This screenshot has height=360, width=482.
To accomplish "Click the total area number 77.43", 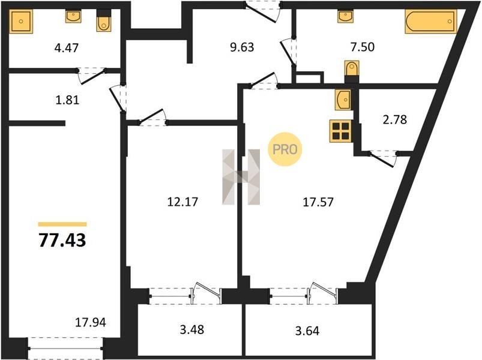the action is pos(62,240).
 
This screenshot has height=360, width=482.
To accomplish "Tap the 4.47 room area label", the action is pos(67,48).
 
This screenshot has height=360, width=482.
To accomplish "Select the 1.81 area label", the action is pos(67,100).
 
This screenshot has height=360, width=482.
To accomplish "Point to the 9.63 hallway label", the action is pos(243,47).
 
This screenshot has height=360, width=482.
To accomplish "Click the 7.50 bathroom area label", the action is pos(363,47).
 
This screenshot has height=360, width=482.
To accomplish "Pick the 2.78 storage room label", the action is pos(395,119).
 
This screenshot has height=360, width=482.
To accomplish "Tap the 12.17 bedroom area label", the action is pos(182,202).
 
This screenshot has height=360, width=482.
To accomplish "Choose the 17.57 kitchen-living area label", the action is pos(318,202).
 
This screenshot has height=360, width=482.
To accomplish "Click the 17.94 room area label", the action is pos(91,322).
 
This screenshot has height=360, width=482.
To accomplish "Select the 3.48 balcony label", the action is pos(192,329).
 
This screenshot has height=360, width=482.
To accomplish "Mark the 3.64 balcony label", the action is pos(307,331).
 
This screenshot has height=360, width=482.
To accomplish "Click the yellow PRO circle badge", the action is pos(285,149).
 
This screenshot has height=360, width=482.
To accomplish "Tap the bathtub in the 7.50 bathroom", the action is pos(431,21).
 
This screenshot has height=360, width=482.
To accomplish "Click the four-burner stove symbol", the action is pos(340,131).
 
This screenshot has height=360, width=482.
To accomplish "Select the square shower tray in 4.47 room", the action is pos(21,21).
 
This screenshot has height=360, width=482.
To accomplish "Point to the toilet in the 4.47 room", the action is pos(104,21).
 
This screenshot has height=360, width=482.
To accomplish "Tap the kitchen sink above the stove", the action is pos(343,100).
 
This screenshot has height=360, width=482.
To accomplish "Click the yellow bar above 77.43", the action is pos(62,224).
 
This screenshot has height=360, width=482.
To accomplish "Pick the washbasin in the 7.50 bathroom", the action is pos(346,16).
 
